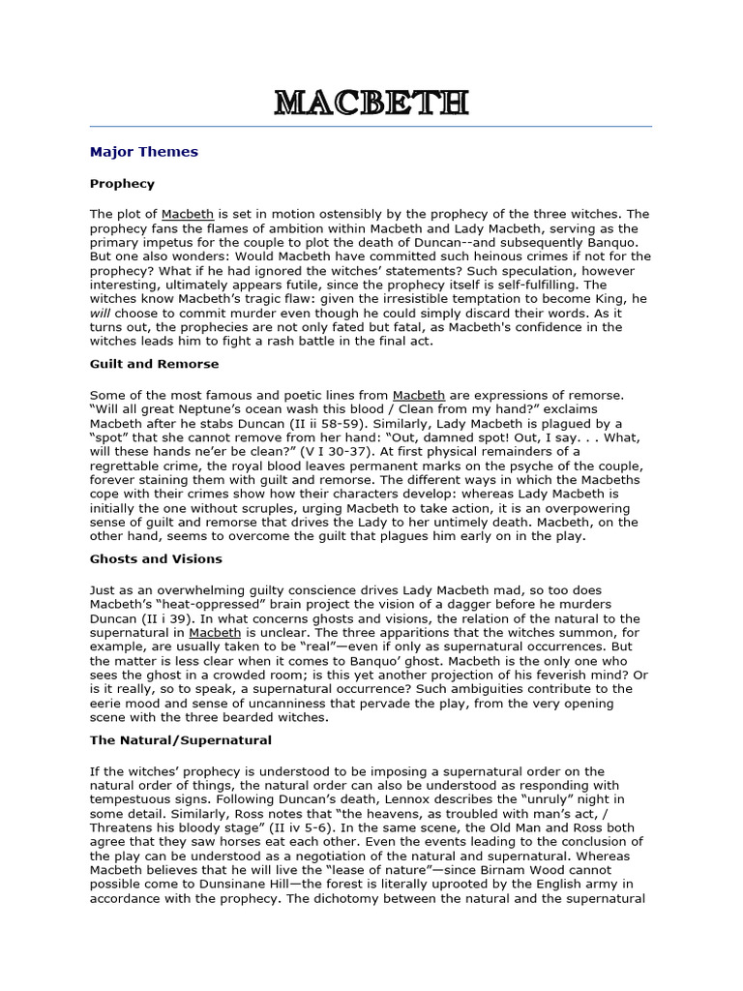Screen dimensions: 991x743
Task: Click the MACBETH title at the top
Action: [371, 102]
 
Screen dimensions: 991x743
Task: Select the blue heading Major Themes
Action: [143, 152]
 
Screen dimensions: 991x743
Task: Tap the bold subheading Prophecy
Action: [122, 183]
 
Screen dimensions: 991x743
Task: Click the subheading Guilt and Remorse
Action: [154, 364]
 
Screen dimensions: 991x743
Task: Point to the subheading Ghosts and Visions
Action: [156, 558]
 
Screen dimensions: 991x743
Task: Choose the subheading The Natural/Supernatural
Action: [181, 739]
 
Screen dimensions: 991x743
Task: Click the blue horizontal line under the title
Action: [371, 126]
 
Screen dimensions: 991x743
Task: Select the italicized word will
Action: [100, 314]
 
